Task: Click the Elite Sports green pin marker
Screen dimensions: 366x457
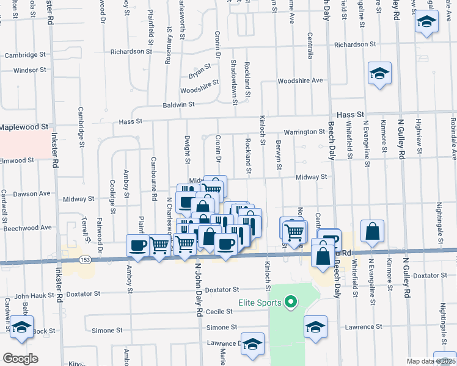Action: pos(291,302)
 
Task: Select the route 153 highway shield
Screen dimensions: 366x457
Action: pos(89,259)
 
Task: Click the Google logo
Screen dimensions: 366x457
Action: pos(20,359)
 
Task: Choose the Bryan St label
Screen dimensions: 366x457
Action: pos(199,74)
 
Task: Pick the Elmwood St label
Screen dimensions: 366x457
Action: pos(17,161)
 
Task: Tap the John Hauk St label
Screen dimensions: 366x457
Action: pos(34,296)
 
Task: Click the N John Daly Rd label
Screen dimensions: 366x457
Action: pos(199,290)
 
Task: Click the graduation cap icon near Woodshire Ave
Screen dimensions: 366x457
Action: pos(379,74)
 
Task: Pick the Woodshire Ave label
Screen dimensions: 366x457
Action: pos(299,81)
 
